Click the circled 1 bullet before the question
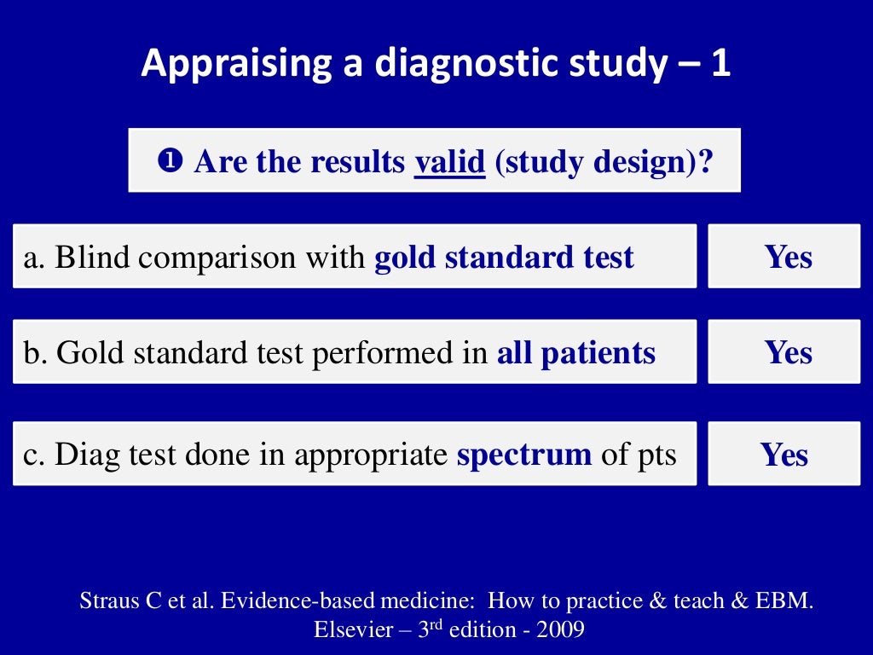tap(170, 160)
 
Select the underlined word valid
tap(449, 161)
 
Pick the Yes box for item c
tap(783, 454)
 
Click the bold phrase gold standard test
tap(504, 258)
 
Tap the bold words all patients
tap(576, 353)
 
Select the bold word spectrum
tap(524, 455)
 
